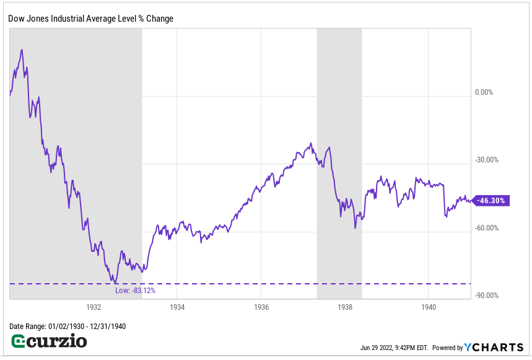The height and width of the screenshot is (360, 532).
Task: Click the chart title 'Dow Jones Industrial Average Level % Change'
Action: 90,19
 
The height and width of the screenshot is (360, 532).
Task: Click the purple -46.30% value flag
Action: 491,201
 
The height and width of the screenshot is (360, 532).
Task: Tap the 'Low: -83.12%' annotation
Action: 135,291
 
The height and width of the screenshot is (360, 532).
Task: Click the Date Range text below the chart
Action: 68,327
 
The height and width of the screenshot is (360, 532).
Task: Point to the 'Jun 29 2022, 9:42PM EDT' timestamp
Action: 394,348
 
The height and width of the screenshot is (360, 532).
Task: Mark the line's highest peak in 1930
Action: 22,50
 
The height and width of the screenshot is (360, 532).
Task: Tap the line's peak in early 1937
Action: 311,144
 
